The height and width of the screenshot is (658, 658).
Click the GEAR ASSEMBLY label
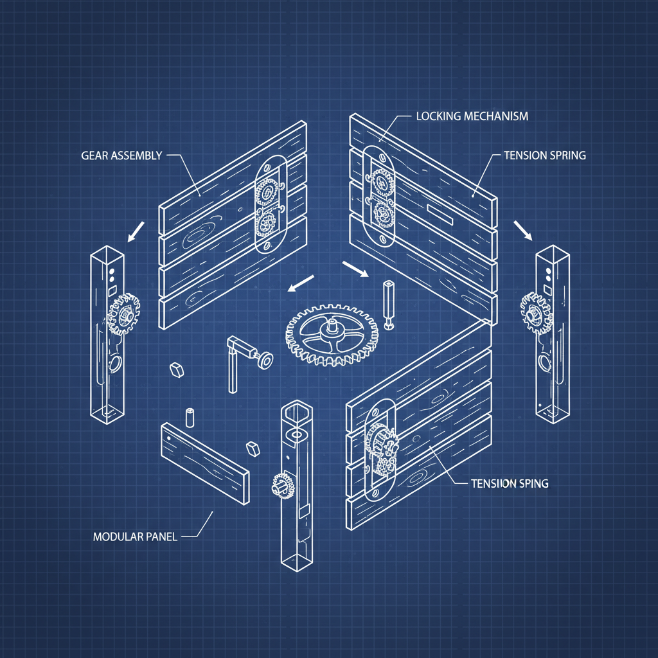pyautogui.click(x=121, y=156)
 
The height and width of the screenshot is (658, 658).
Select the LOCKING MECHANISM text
pyautogui.click(x=472, y=116)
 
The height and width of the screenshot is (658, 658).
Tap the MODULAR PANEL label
pyautogui.click(x=134, y=536)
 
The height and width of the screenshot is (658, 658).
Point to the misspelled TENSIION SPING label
pyautogui.click(x=510, y=483)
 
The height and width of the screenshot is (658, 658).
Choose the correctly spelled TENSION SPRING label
pyautogui.click(x=545, y=156)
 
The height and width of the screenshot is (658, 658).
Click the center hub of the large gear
pyautogui.click(x=332, y=327)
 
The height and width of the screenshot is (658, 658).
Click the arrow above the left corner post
pyautogui.click(x=136, y=233)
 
